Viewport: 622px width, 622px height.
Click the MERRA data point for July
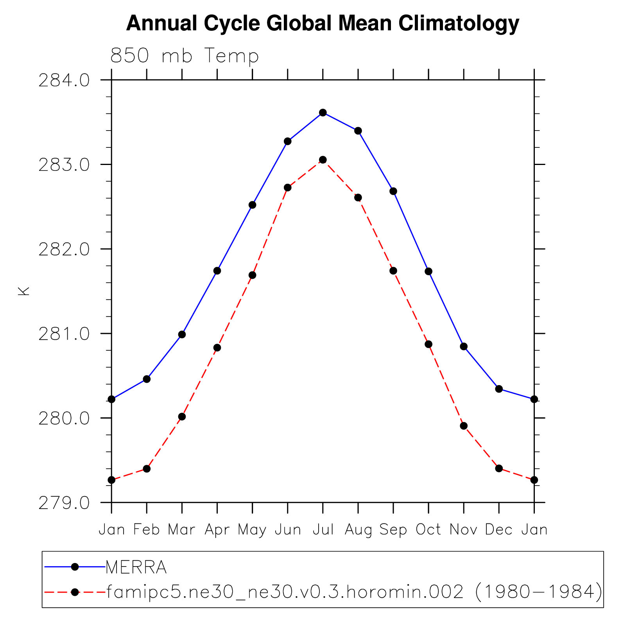coord(323,113)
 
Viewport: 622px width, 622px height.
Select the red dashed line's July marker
coord(323,160)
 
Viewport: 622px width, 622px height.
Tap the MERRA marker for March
coord(182,334)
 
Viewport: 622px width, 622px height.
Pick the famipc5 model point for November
coord(464,426)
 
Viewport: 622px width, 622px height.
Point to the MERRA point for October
coord(428,271)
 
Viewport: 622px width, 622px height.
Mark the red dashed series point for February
coord(147,468)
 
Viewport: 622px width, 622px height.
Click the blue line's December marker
coord(499,389)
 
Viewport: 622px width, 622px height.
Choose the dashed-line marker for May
coord(253,275)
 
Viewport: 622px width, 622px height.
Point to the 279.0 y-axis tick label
coord(64,503)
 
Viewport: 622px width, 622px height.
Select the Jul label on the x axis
coord(323,530)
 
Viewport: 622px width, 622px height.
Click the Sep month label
coord(393,530)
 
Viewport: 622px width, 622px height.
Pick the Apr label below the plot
coord(217,530)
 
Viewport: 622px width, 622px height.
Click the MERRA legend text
coord(136,567)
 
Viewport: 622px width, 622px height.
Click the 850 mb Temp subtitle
coord(185,56)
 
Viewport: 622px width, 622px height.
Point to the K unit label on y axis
coord(24,291)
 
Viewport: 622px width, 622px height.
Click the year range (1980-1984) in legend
coord(539,592)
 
